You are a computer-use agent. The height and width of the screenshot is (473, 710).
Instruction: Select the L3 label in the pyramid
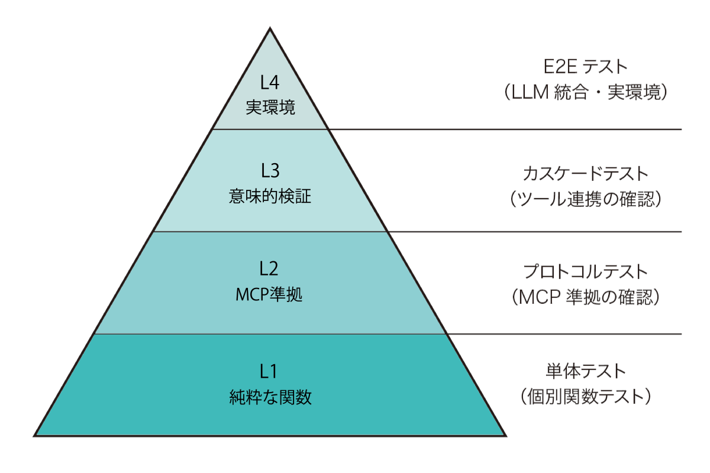click(270, 171)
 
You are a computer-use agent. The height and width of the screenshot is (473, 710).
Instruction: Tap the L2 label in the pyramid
click(270, 269)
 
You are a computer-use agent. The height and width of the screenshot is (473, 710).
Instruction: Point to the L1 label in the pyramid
click(270, 371)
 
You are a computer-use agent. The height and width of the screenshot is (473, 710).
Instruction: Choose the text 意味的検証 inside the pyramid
click(270, 197)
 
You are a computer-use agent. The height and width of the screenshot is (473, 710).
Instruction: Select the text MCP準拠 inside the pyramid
click(269, 295)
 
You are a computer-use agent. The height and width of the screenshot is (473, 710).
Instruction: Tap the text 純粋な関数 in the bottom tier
click(270, 397)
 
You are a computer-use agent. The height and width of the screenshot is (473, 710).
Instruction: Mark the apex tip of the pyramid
click(270, 28)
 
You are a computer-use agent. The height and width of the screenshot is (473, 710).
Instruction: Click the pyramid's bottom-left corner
click(35, 436)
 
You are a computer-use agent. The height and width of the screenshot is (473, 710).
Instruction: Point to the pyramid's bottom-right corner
click(506, 436)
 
